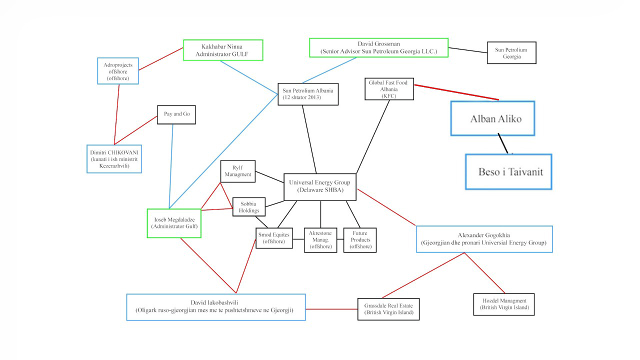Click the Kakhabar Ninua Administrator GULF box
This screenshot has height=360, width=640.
click(223, 50)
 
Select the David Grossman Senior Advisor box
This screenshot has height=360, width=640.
click(378, 48)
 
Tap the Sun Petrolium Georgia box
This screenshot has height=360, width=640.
click(511, 53)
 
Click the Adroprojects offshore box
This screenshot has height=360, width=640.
click(118, 70)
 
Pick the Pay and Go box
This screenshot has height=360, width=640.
click(176, 114)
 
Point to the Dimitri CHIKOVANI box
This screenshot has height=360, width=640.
click(114, 159)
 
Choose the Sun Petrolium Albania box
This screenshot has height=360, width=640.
click(308, 94)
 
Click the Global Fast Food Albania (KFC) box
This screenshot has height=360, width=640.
click(389, 89)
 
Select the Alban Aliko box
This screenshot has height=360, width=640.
click(492, 118)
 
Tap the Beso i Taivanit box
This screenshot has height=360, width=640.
click(508, 172)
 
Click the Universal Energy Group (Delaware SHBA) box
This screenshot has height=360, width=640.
click(320, 186)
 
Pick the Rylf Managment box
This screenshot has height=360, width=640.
click(238, 171)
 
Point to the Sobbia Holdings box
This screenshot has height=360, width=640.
click(249, 207)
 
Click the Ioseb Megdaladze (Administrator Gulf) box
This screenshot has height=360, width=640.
click(174, 223)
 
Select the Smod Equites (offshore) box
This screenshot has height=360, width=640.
click(274, 238)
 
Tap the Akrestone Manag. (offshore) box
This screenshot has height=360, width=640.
click(320, 240)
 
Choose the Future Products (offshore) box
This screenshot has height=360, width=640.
click(360, 240)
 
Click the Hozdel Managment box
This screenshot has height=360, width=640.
click(504, 304)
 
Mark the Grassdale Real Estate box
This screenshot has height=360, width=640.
click(388, 309)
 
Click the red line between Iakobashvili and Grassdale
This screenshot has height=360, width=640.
click(331, 309)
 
